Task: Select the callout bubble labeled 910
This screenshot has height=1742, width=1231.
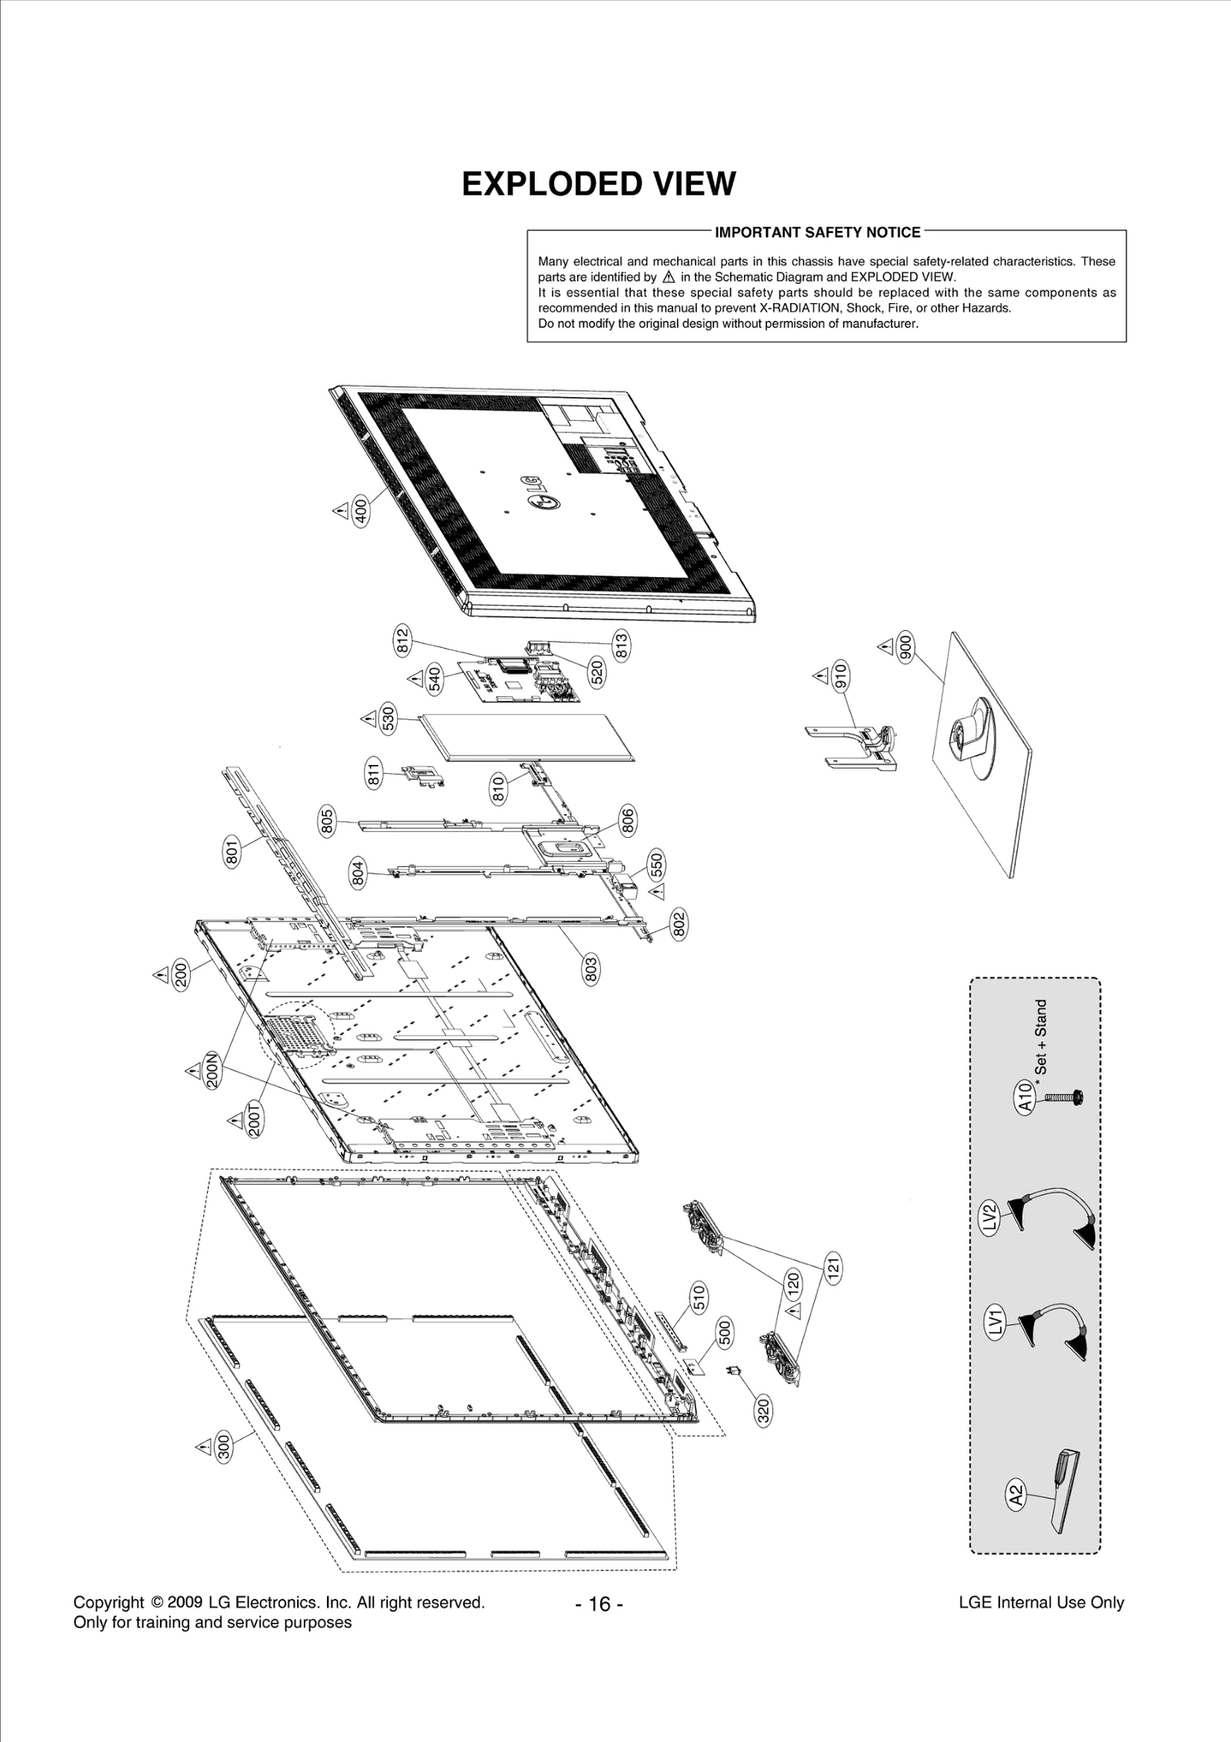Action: [840, 675]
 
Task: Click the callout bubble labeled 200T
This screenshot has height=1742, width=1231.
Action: [255, 1119]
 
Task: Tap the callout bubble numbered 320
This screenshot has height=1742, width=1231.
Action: [763, 1411]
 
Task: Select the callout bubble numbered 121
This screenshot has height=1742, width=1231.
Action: [833, 1268]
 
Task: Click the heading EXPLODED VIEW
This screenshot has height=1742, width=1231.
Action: [599, 184]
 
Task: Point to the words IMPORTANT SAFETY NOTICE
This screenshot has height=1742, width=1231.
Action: [818, 232]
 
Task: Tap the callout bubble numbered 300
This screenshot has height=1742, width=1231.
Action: [224, 1447]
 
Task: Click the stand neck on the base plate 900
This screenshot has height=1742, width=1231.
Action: [972, 732]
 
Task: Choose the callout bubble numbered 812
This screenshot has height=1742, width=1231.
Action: [402, 640]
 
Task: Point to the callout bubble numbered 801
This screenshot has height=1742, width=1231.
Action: [232, 852]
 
